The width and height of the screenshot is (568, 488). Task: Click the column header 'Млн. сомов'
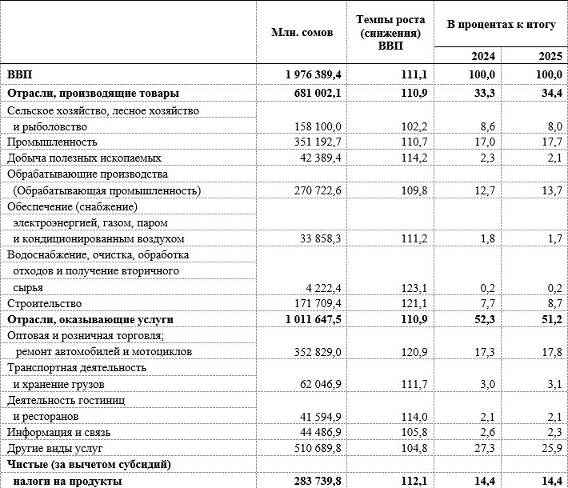(x=296, y=33)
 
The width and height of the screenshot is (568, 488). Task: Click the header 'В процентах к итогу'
(x=501, y=25)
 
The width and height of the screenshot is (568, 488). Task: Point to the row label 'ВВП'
(x=20, y=74)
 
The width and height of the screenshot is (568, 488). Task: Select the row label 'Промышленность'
(x=49, y=142)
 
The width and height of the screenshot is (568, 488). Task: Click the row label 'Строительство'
(x=44, y=304)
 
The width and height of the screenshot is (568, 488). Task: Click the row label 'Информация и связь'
(x=59, y=433)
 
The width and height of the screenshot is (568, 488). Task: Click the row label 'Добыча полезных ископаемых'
(x=84, y=158)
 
